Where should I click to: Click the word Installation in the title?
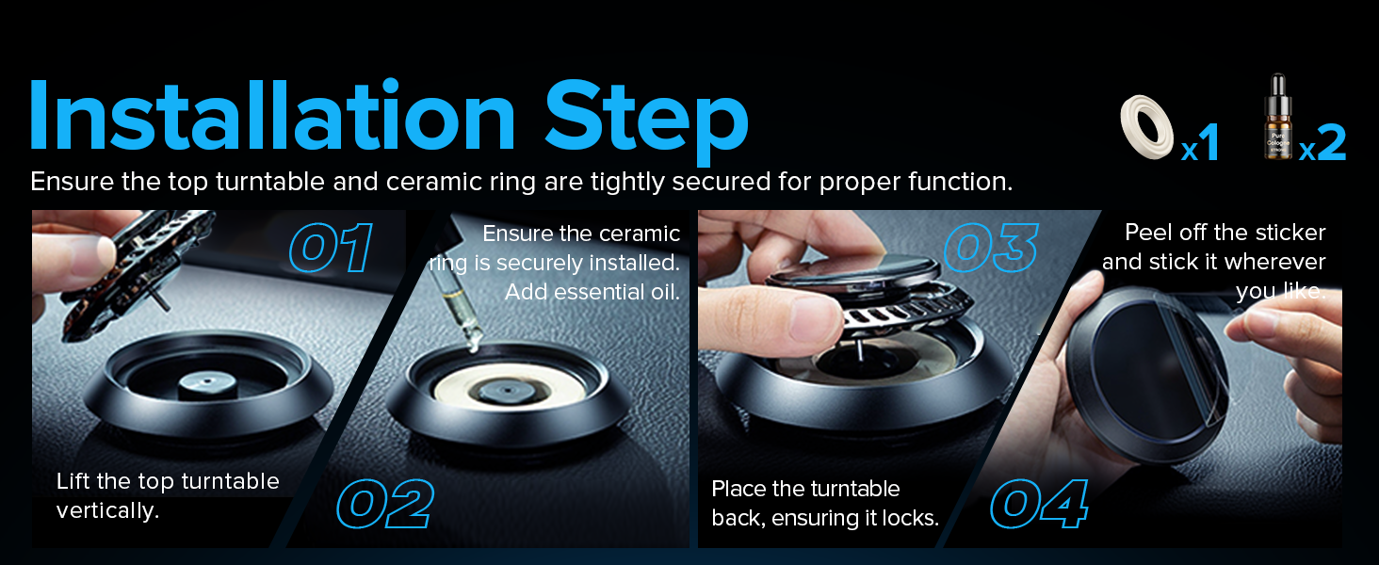pyautogui.click(x=271, y=115)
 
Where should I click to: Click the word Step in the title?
pyautogui.click(x=646, y=121)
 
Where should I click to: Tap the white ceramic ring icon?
pyautogui.click(x=1146, y=127)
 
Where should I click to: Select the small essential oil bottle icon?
pyautogui.click(x=1278, y=117)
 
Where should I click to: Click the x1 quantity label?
pyautogui.click(x=1200, y=143)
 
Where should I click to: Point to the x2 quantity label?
pyautogui.click(x=1322, y=143)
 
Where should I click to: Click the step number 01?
pyautogui.click(x=332, y=248)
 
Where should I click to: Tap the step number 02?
pyautogui.click(x=385, y=504)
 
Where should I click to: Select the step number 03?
pyautogui.click(x=992, y=248)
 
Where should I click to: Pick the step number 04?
pyautogui.click(x=1039, y=504)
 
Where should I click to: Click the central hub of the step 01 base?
pyautogui.click(x=207, y=384)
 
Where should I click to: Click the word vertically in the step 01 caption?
pyautogui.click(x=107, y=510)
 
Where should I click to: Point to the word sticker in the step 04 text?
pyautogui.click(x=1290, y=232)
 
